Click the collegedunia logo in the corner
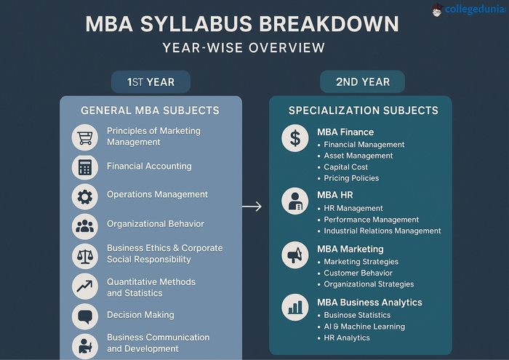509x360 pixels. tap(467, 9)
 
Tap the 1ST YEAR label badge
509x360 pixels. tap(151, 81)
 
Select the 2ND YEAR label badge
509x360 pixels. tap(362, 81)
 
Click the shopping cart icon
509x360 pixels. tap(85, 137)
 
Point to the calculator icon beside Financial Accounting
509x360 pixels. tap(85, 167)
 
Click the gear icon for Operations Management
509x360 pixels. tap(85, 196)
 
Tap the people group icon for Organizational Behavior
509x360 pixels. tap(85, 225)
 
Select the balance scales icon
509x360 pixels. tap(85, 255)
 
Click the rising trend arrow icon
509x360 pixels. tap(85, 286)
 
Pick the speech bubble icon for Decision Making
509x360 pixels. tap(85, 316)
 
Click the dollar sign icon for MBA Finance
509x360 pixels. tap(295, 139)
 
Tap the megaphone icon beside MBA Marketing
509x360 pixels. tap(295, 255)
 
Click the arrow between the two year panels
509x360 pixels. tap(252, 207)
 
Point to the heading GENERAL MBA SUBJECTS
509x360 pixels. tap(150, 111)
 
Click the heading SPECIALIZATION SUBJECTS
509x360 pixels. tap(363, 111)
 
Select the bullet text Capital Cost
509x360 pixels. tap(346, 167)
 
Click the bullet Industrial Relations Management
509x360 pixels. tap(382, 231)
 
